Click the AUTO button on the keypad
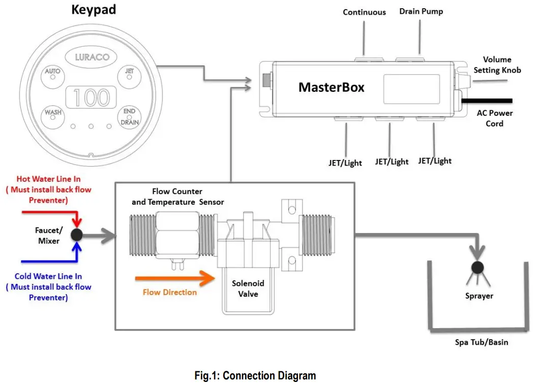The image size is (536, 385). point(53,76)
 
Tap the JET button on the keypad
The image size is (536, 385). point(129,76)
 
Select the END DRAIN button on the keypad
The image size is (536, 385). point(129,117)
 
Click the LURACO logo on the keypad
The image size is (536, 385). point(91,57)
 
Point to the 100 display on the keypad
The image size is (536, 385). point(91,98)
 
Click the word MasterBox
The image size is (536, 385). point(331,87)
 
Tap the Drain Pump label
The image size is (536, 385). point(421,12)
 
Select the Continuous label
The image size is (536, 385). point(364,12)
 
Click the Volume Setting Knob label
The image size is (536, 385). point(497,65)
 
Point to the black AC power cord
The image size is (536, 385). point(487,101)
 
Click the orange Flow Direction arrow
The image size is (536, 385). point(174,278)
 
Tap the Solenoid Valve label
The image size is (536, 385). point(248,288)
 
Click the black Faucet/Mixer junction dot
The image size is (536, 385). point(77,235)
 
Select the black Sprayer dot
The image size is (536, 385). point(478,268)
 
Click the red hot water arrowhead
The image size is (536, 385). point(77,222)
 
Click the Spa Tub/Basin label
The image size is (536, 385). point(481,342)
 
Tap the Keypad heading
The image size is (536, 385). point(94,10)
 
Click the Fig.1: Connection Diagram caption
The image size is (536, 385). point(255,375)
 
